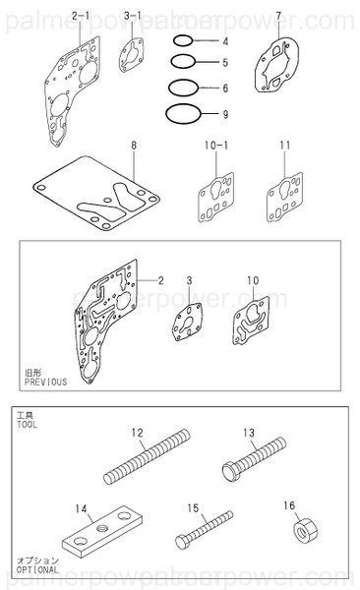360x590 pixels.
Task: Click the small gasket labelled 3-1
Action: click(x=134, y=54)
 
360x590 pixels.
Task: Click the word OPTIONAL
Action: click(x=37, y=571)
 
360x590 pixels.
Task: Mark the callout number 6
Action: click(x=225, y=88)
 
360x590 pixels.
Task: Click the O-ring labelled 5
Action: click(x=183, y=63)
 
